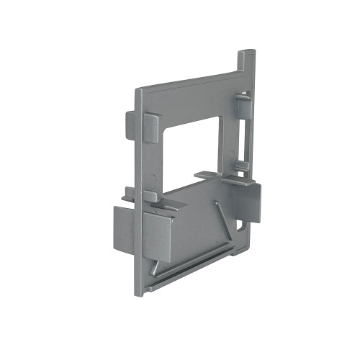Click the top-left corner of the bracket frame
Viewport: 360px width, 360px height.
pos(139,89)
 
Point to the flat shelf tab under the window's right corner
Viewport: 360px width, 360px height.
pos(210,174)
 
